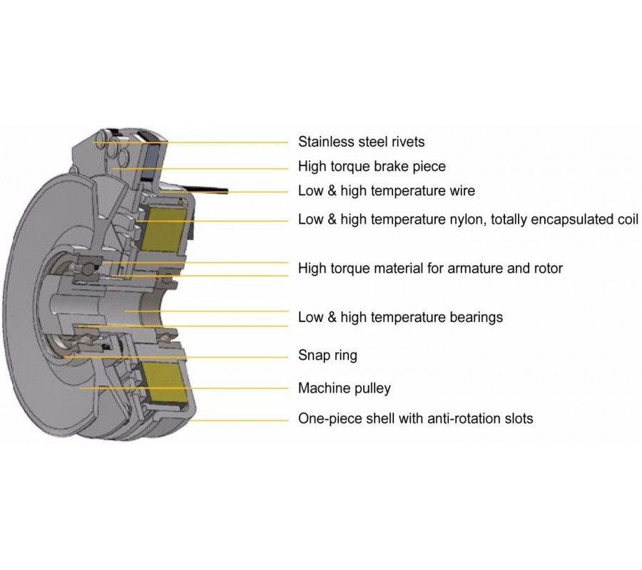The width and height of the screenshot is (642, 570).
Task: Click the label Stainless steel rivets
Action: coord(361,142)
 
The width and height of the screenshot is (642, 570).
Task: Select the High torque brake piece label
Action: coord(372,166)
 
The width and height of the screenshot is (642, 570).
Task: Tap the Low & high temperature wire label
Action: coord(386,191)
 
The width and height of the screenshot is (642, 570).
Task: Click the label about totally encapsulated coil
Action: coord(468,219)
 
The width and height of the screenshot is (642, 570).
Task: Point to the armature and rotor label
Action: coord(430,269)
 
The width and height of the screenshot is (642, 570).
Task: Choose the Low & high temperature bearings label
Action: coord(400,317)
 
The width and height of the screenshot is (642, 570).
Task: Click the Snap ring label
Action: coord(327,355)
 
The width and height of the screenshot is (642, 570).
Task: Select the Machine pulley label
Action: coord(344,388)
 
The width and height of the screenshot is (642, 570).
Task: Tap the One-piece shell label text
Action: coord(415,418)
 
